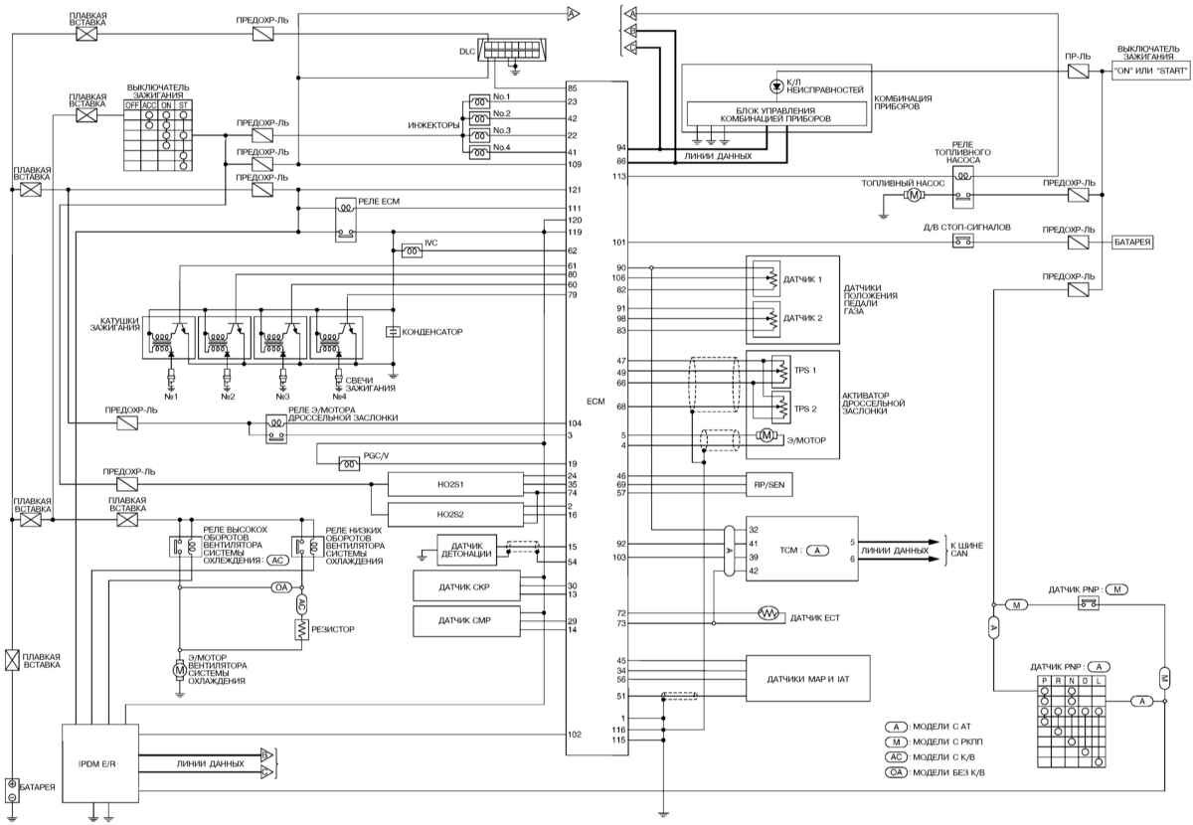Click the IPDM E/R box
click(99, 763)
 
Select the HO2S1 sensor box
click(454, 484)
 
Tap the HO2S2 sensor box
click(454, 514)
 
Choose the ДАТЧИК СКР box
click(478, 586)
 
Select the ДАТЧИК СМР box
click(478, 621)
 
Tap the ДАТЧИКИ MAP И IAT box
click(806, 680)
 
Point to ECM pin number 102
click(574, 735)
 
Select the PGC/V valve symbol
click(349, 463)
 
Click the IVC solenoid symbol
click(411, 251)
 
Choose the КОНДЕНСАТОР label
click(433, 330)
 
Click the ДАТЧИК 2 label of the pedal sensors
click(802, 317)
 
